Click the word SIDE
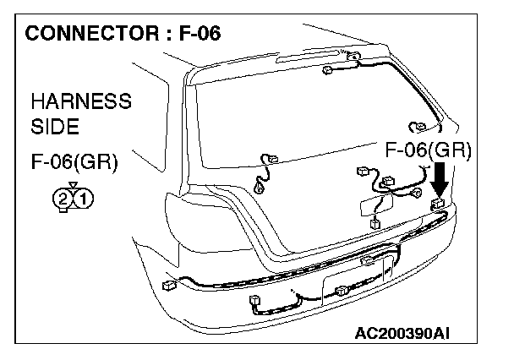point(55,128)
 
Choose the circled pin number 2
point(64,200)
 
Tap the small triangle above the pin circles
point(74,185)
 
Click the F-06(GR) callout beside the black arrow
point(429,151)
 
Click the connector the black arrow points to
point(438,205)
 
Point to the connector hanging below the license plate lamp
point(375,224)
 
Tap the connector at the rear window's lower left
point(271,159)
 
